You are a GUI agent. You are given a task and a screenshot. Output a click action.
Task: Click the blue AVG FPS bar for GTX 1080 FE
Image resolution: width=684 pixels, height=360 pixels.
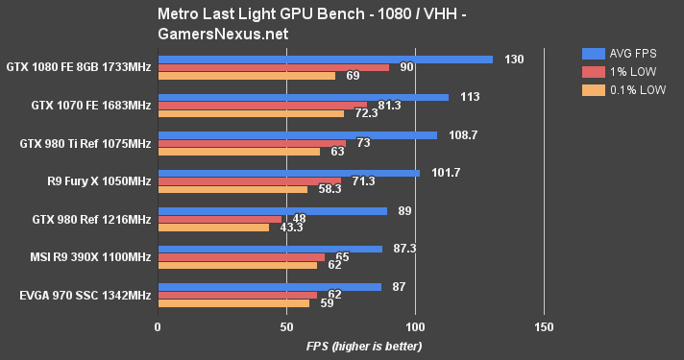click(325, 60)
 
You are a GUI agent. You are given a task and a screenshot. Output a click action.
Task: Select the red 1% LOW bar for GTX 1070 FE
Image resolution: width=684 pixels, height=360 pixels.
click(262, 106)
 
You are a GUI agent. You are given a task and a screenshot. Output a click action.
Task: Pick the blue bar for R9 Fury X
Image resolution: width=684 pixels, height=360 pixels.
click(288, 173)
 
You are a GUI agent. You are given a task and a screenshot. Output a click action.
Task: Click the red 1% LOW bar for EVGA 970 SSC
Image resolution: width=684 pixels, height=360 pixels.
click(237, 295)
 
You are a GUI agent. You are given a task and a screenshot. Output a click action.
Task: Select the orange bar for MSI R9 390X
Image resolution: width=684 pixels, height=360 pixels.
click(237, 265)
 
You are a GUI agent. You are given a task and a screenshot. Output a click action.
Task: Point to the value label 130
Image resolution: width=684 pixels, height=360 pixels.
click(514, 60)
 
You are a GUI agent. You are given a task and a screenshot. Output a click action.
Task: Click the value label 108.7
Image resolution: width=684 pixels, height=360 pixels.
click(460, 135)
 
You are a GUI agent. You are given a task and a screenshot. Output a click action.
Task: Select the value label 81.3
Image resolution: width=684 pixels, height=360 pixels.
click(389, 106)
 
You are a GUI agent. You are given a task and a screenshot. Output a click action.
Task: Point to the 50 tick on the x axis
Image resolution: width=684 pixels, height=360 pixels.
click(286, 326)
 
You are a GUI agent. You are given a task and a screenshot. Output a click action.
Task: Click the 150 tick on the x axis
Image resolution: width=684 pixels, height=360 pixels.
click(544, 326)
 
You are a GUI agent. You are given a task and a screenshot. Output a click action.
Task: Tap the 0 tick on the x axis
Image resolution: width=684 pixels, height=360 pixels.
click(158, 326)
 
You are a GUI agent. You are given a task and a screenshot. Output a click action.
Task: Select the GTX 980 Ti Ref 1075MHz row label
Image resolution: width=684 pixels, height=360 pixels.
click(85, 144)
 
